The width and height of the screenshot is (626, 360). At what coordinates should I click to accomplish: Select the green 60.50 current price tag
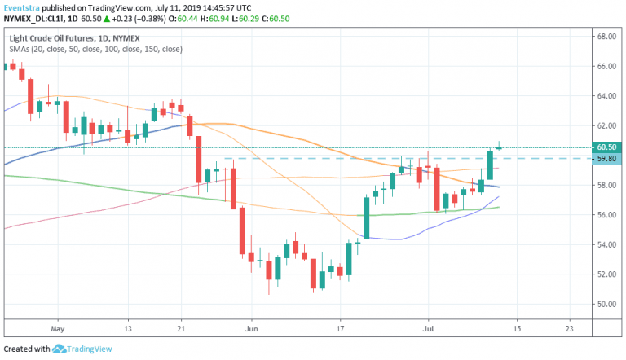coord(605,147)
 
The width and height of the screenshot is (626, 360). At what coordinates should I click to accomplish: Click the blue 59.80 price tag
coord(605,158)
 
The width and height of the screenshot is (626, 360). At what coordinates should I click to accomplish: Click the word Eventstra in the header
coord(23,6)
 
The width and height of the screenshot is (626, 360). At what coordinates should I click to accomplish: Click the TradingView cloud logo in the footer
coord(60,349)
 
